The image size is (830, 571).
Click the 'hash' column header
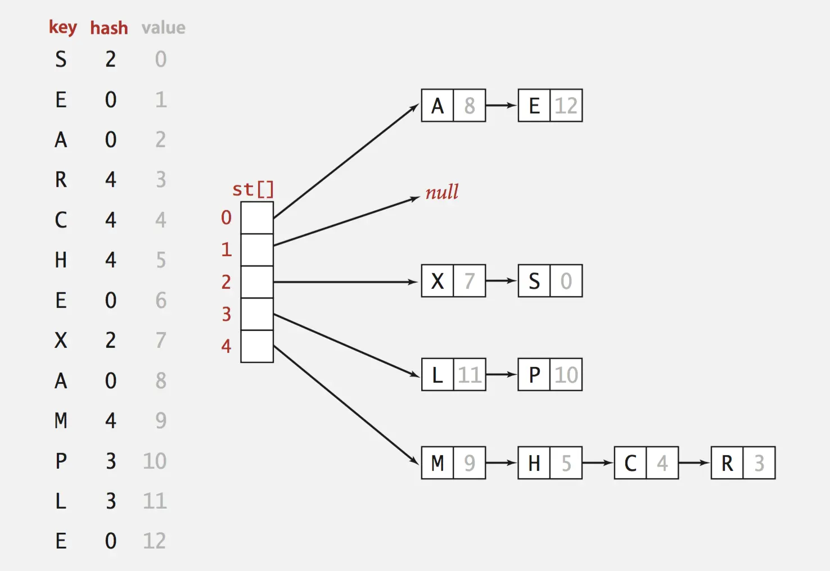click(109, 28)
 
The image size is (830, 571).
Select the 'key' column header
click(62, 27)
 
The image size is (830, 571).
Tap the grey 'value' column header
click(163, 28)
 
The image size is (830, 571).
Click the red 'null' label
click(441, 193)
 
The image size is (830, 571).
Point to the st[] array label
click(252, 189)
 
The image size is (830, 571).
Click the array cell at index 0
click(257, 217)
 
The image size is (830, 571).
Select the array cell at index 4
click(257, 346)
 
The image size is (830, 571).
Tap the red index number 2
click(226, 282)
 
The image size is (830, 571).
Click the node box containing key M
click(453, 463)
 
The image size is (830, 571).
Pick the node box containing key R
click(743, 463)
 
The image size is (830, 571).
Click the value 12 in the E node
click(566, 106)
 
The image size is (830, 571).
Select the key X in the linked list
click(437, 281)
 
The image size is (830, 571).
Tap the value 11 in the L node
click(470, 375)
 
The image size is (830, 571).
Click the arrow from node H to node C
click(598, 463)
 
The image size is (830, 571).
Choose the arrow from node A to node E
click(501, 106)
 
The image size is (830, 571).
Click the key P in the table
click(61, 461)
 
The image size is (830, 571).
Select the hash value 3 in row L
click(111, 501)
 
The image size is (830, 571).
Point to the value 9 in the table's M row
click(161, 420)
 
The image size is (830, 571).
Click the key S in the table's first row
click(61, 59)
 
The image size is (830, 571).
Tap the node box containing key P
click(550, 375)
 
